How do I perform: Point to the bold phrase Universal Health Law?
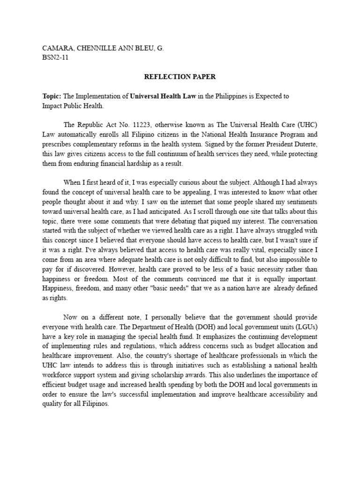pyautogui.click(x=161, y=96)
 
